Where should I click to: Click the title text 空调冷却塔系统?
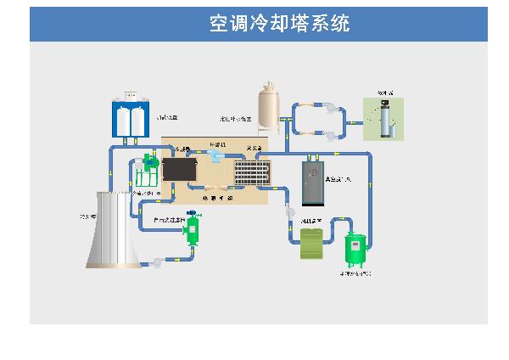[x=279, y=24]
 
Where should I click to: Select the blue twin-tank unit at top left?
[x=131, y=118]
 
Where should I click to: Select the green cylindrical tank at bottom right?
[x=355, y=247]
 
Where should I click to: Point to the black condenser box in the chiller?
[x=179, y=169]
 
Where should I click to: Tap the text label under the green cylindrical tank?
[x=355, y=274]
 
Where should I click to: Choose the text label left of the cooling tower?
[x=86, y=217]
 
